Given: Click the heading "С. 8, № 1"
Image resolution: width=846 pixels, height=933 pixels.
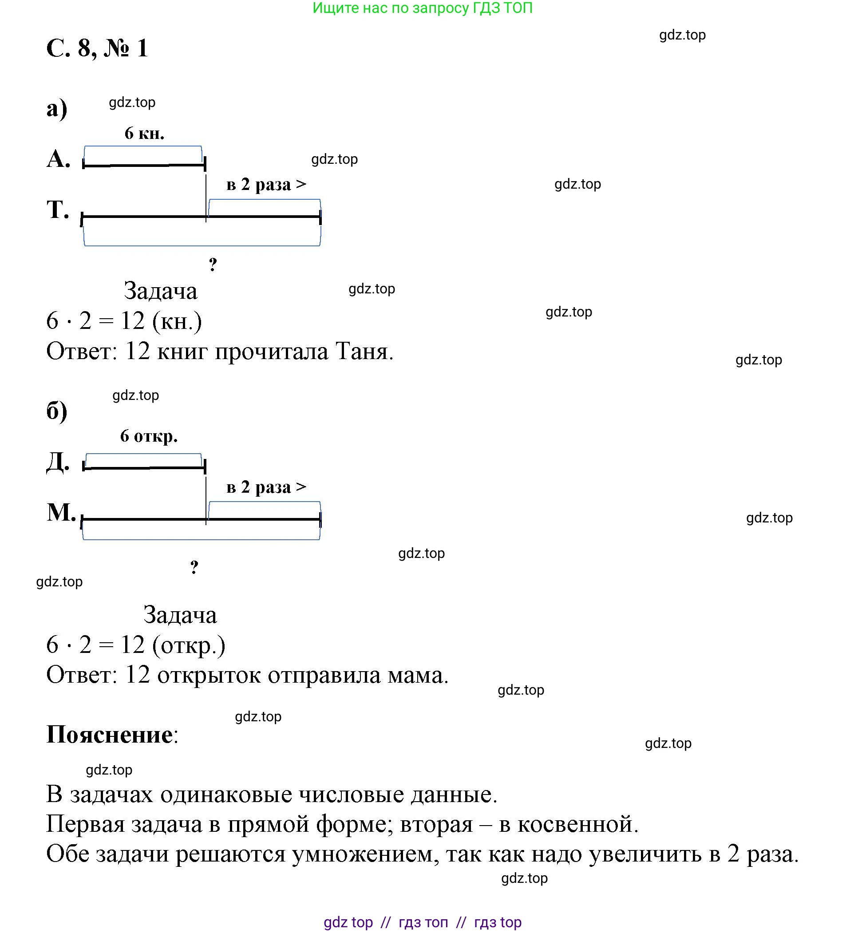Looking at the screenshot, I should click(x=97, y=48).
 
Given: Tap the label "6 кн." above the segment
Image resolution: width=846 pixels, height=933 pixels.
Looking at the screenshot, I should click(x=144, y=133).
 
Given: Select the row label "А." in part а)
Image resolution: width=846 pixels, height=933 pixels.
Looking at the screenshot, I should click(x=58, y=159).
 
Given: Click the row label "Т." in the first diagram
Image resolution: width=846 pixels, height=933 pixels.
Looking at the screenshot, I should click(x=58, y=210).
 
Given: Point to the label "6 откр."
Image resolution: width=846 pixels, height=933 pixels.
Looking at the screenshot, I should click(x=149, y=436).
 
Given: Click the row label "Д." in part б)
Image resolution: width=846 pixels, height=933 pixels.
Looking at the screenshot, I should click(x=58, y=462).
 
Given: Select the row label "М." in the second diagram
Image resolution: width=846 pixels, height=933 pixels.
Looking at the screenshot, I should click(x=61, y=512).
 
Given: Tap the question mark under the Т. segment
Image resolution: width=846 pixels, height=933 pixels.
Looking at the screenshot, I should click(x=213, y=265).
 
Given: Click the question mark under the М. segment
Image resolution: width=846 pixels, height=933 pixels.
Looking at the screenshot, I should click(x=194, y=567).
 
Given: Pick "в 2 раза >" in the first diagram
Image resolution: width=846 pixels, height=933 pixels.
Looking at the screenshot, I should click(x=266, y=184).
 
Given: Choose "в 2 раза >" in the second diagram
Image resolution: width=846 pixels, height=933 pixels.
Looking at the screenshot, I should click(x=266, y=487).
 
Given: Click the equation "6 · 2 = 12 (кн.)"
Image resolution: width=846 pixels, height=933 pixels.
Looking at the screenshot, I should click(x=124, y=321).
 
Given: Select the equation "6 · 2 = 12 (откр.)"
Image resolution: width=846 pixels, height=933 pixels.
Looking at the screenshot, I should click(x=136, y=645).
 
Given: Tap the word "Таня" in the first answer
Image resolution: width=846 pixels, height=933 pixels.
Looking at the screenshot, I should click(x=364, y=352).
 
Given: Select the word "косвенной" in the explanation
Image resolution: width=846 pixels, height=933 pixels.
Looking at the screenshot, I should click(x=577, y=825).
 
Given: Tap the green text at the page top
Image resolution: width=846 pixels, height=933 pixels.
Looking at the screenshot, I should click(x=423, y=8).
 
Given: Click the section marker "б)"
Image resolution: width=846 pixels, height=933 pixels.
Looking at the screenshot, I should click(x=57, y=411).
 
